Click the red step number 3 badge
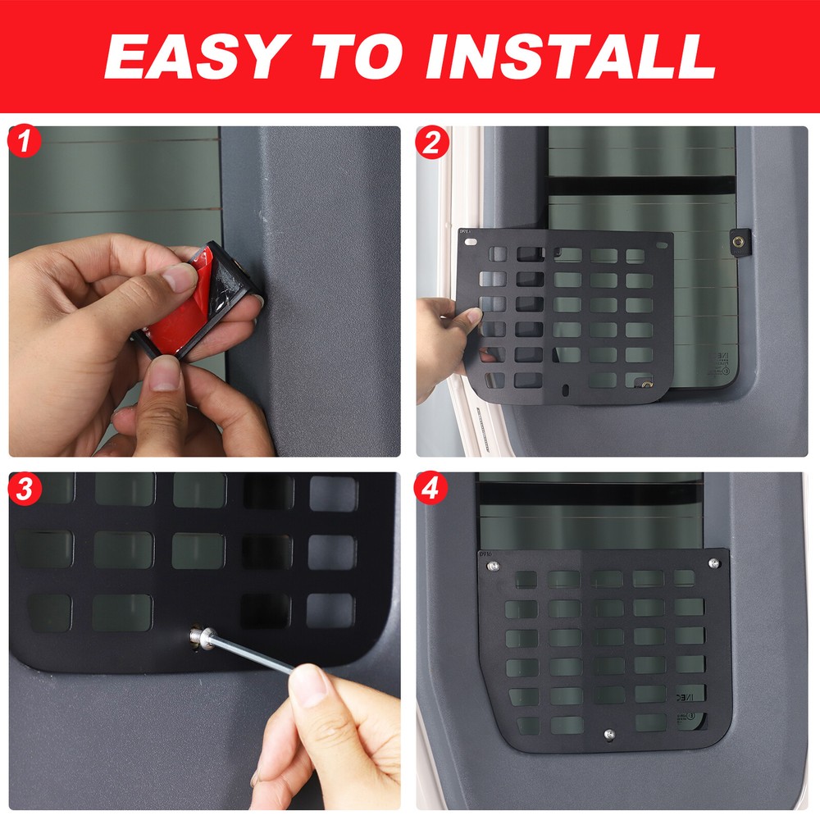[25, 490]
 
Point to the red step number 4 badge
[432, 490]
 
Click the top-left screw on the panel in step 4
[491, 566]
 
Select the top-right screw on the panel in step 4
[713, 563]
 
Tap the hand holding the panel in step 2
[443, 336]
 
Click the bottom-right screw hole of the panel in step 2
[647, 384]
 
